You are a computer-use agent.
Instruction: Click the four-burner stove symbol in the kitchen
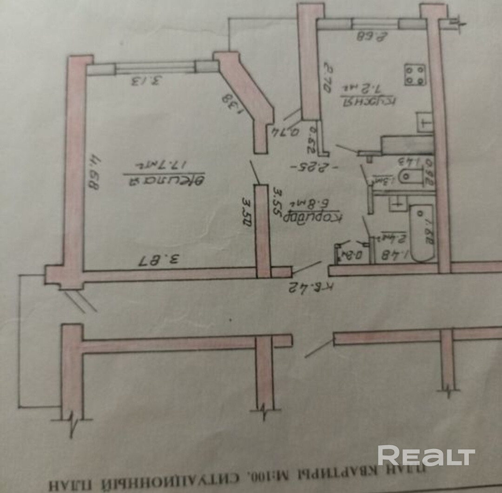pyautogui.click(x=415, y=74)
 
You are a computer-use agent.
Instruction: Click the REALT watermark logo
pyautogui.click(x=426, y=455)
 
